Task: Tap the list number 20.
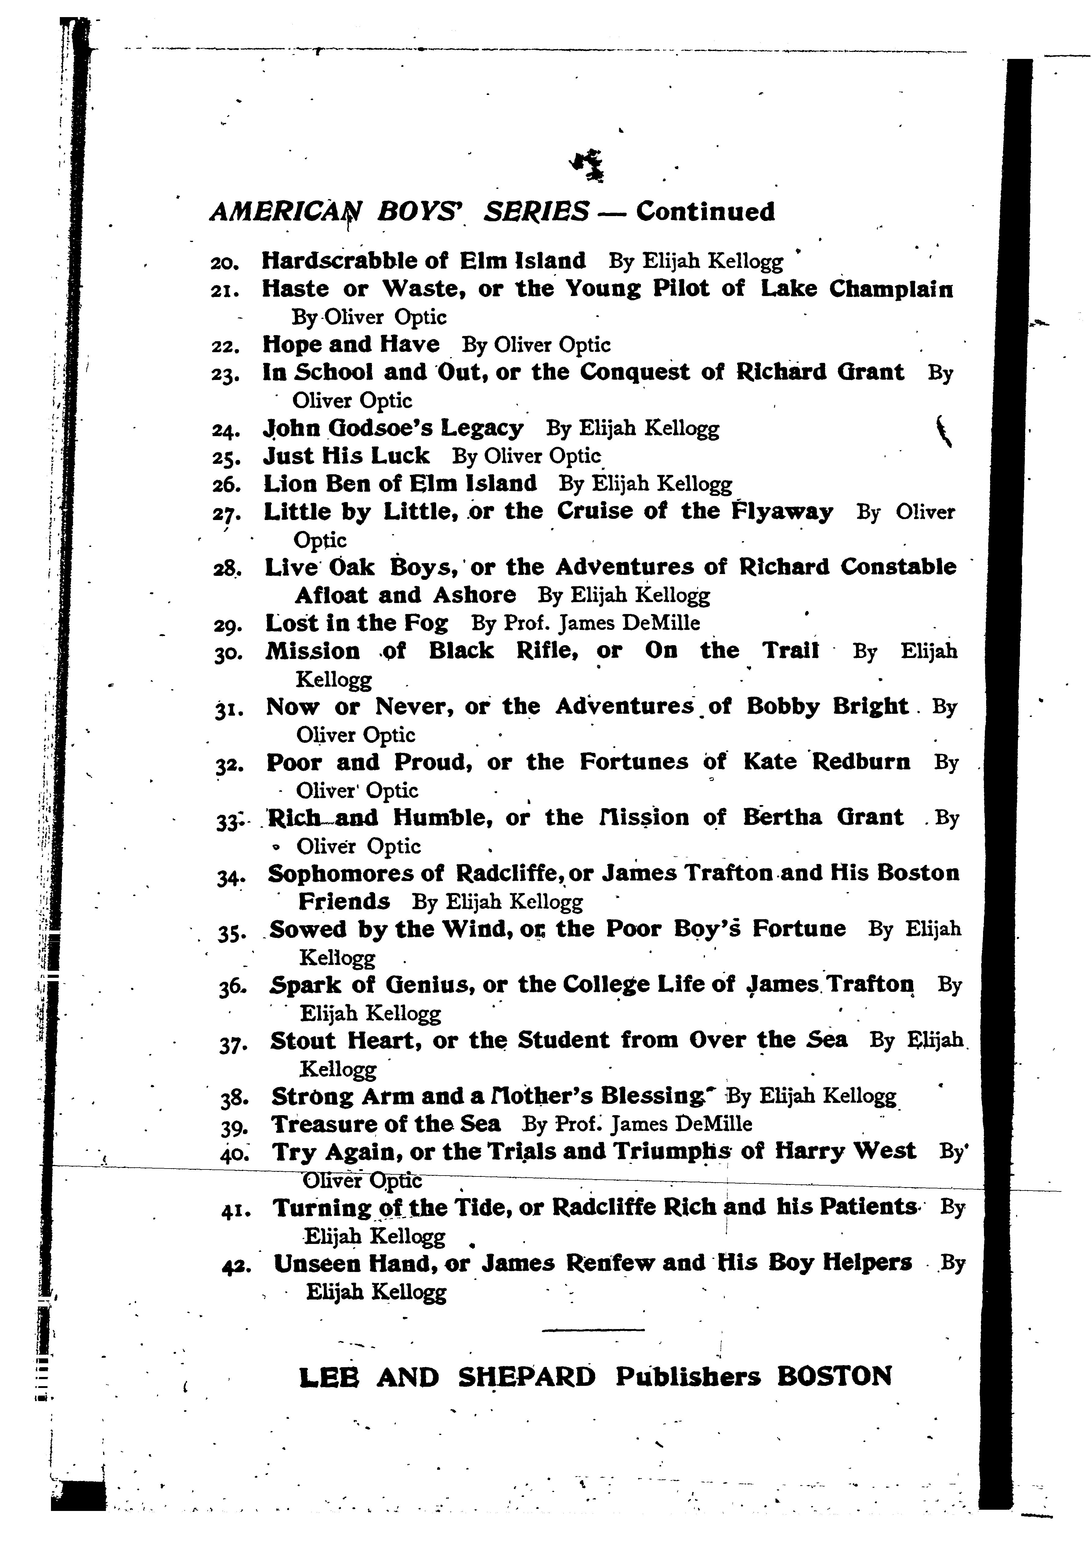click(221, 262)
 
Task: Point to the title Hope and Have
click(350, 344)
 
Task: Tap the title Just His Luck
click(345, 456)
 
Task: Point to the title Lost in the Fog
click(356, 623)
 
